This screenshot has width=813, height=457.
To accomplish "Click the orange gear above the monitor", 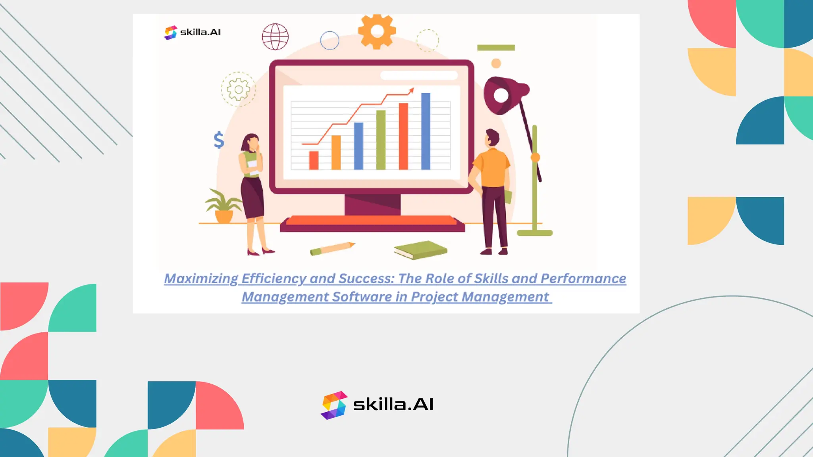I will coord(377,31).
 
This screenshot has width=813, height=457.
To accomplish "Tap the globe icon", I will coord(275,36).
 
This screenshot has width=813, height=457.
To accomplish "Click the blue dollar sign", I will coord(219,140).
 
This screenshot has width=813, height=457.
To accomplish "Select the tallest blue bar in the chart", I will coord(426,131).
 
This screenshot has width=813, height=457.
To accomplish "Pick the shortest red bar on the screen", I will coord(314,160).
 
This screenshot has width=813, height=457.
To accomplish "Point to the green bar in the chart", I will coord(381,140).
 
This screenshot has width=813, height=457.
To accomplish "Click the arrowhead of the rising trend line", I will coord(412,91).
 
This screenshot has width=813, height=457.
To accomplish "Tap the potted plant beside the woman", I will coord(223,206).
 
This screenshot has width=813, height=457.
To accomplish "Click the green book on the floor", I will coord(421,250).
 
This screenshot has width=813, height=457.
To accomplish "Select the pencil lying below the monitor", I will coord(332,248).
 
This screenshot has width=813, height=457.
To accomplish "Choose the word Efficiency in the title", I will coord(274,279).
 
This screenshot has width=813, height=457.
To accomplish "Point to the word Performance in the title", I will coord(583,279).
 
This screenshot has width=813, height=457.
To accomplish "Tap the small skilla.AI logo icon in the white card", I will coord(171,33).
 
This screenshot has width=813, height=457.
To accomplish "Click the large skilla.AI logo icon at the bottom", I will coord(334,405).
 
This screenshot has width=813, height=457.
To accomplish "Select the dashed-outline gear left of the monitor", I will coord(238,89).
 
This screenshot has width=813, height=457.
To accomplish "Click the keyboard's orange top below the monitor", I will coord(371,220).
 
